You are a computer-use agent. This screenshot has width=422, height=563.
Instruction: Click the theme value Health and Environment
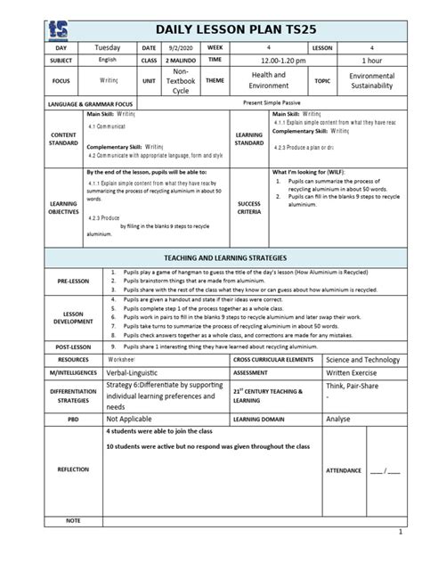[x=268, y=80]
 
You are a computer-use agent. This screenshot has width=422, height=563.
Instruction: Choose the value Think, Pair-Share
[x=356, y=388]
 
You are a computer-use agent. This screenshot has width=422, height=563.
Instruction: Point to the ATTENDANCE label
[x=344, y=469]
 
